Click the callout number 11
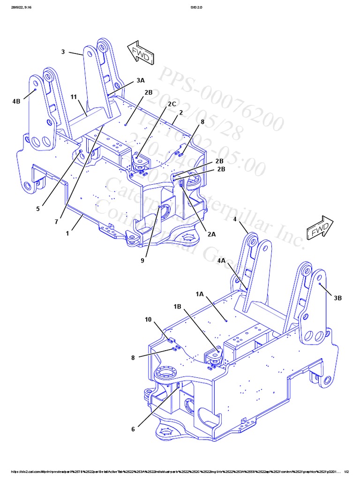pos(74,97)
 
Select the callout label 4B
pos(16,101)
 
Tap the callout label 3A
pos(141,81)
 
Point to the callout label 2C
pos(172,104)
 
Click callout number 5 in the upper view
pos(38,209)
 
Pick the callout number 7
pos(56,221)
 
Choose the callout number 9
pos(143,261)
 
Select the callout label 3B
pos(338,298)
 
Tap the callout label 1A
pos(200,294)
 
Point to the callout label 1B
pos(177,307)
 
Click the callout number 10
pos(148,320)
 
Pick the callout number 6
pos(133,429)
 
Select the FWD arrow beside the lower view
pos(320,229)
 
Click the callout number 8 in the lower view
pos(133,358)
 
